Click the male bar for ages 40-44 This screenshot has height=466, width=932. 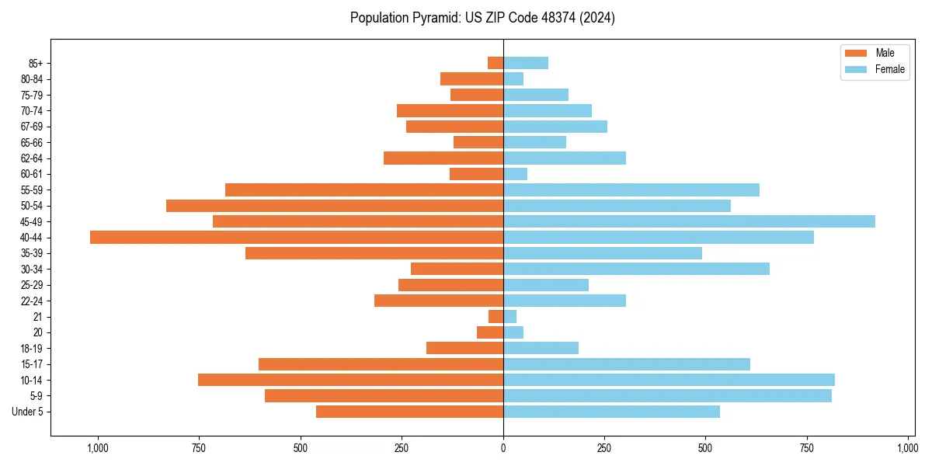[297, 237]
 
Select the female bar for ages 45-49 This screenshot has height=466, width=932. [689, 221]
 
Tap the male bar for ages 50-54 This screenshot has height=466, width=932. [335, 206]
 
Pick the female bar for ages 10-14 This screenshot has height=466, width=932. [669, 380]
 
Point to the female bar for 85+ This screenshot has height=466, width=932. [526, 63]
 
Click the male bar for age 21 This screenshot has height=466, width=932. [496, 316]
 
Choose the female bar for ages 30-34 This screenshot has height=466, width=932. [636, 269]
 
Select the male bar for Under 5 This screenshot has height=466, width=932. [409, 412]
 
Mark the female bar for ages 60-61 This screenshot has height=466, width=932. [516, 174]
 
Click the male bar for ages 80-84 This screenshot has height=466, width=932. [471, 78]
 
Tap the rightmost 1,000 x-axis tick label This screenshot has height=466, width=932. [907, 448]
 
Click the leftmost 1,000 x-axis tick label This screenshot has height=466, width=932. [98, 448]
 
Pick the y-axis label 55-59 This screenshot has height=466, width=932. [32, 190]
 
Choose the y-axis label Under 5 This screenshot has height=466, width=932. [27, 412]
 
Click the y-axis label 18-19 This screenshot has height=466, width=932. [32, 348]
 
